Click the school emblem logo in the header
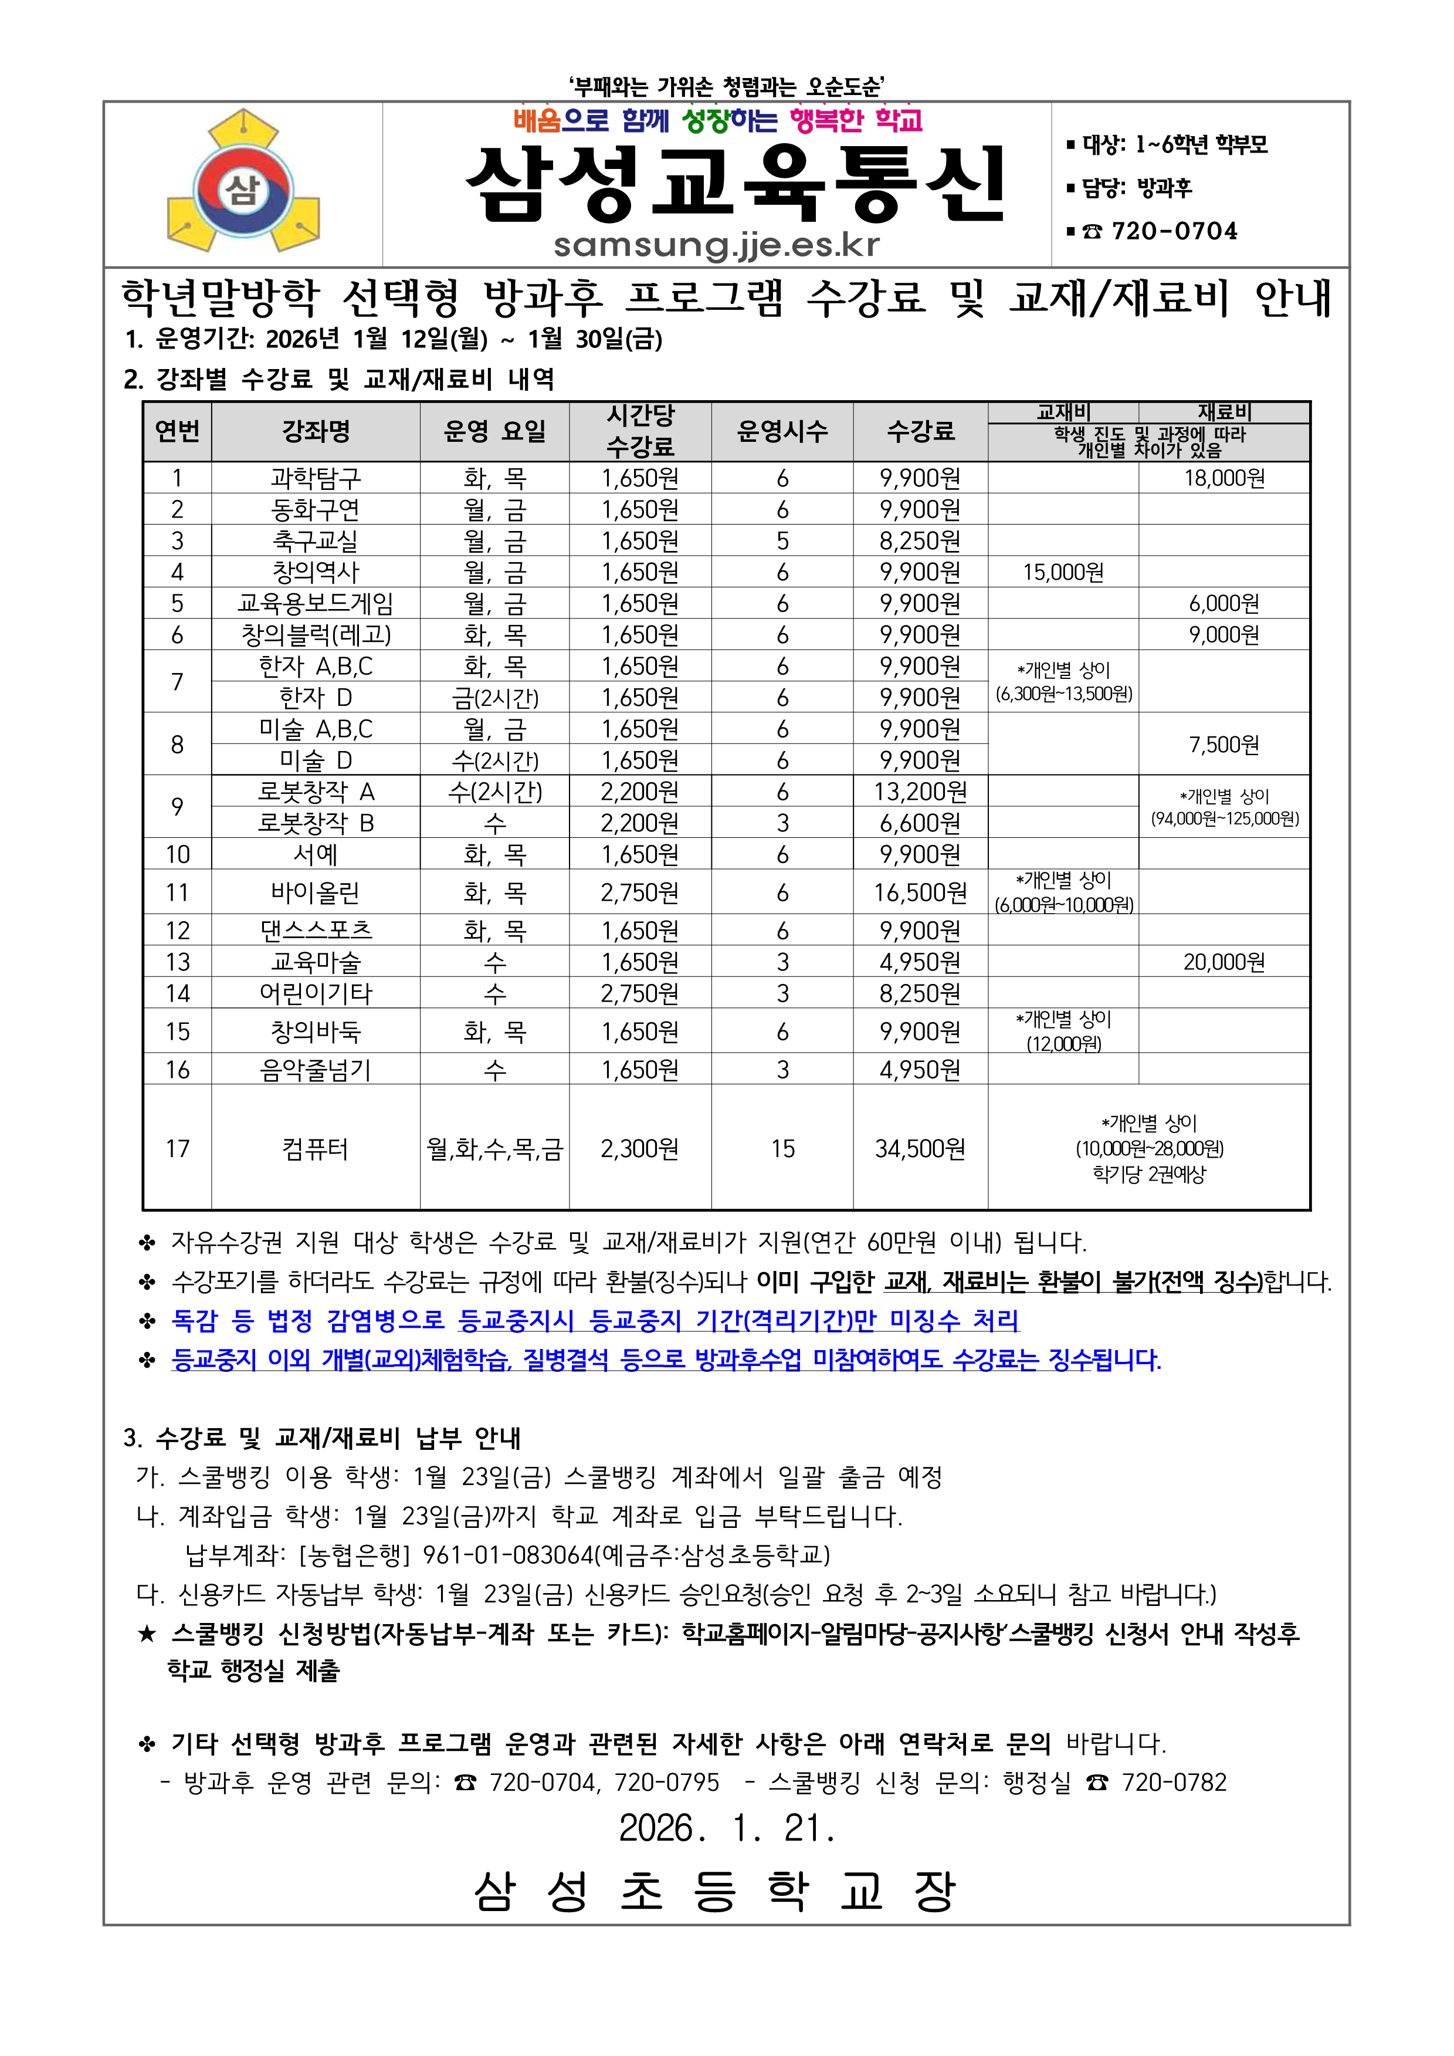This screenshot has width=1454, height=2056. point(243,182)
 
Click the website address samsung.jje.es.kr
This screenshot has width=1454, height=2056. point(716,245)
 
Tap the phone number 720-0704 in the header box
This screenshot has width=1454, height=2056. point(1174,232)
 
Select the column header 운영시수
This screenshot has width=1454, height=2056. point(782,432)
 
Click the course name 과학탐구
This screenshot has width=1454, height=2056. point(315,478)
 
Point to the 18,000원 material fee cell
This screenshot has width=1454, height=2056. point(1224,478)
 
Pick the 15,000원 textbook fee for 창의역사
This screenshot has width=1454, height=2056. point(1063,572)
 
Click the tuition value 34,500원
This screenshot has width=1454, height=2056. point(920,1149)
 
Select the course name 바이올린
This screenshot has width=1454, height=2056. point(315,893)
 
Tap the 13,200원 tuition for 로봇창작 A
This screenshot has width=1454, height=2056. point(920,792)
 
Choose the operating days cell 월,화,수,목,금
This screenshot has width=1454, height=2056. point(494,1149)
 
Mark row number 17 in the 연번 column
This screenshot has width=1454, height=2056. point(177,1149)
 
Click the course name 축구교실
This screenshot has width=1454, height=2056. point(315,541)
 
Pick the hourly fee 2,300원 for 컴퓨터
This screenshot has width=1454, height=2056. point(639,1149)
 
